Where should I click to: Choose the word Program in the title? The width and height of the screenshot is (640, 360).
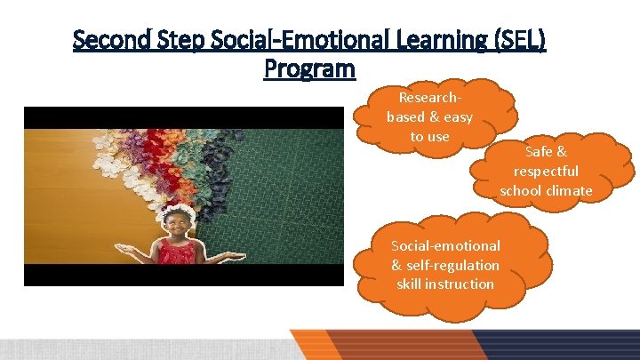click(x=309, y=68)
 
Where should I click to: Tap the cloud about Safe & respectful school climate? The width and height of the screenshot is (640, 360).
click(x=546, y=171)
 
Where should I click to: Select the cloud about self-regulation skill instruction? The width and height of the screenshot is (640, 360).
click(x=445, y=265)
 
